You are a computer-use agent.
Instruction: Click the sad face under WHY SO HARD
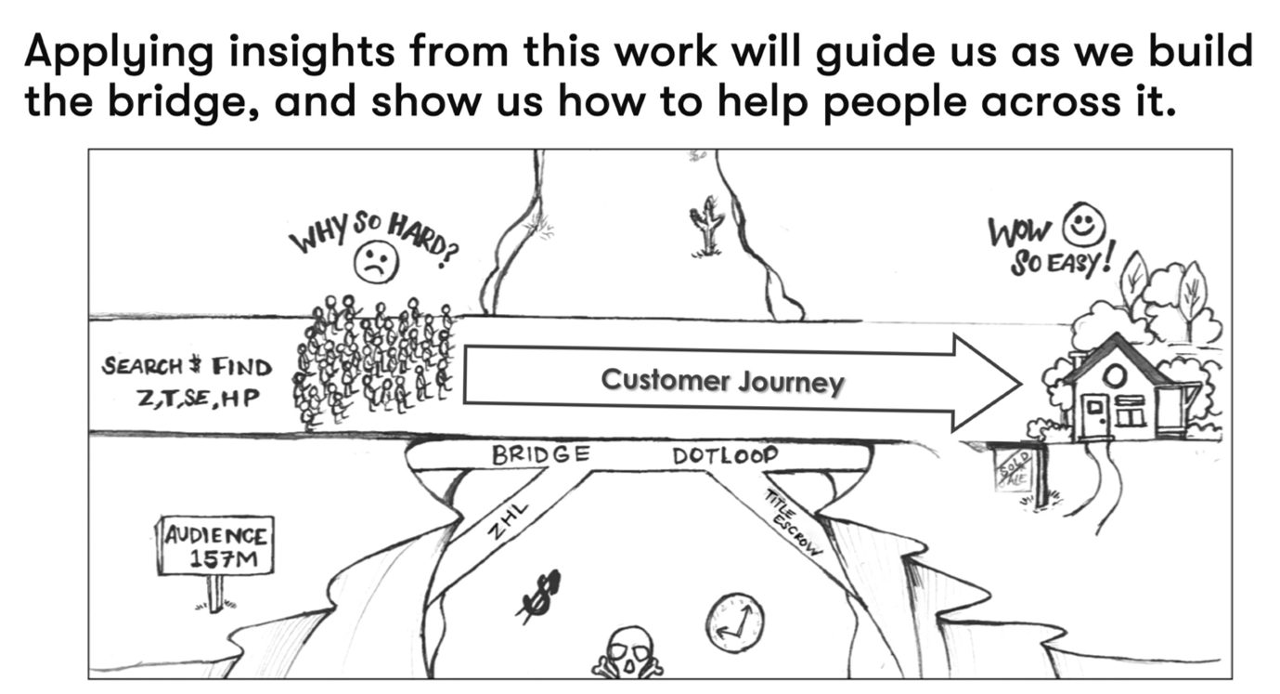[376, 263]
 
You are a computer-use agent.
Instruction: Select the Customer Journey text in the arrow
[722, 381]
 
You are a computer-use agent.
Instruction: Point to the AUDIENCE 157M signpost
[215, 547]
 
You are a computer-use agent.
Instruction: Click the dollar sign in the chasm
[538, 593]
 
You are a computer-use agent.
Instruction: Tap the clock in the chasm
[734, 622]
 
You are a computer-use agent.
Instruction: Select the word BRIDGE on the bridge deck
[540, 455]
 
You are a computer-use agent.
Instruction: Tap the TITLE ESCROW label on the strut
[794, 521]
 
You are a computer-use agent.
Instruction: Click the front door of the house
[1096, 416]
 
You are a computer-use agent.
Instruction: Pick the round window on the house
[1116, 374]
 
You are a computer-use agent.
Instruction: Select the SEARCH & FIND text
[187, 366]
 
